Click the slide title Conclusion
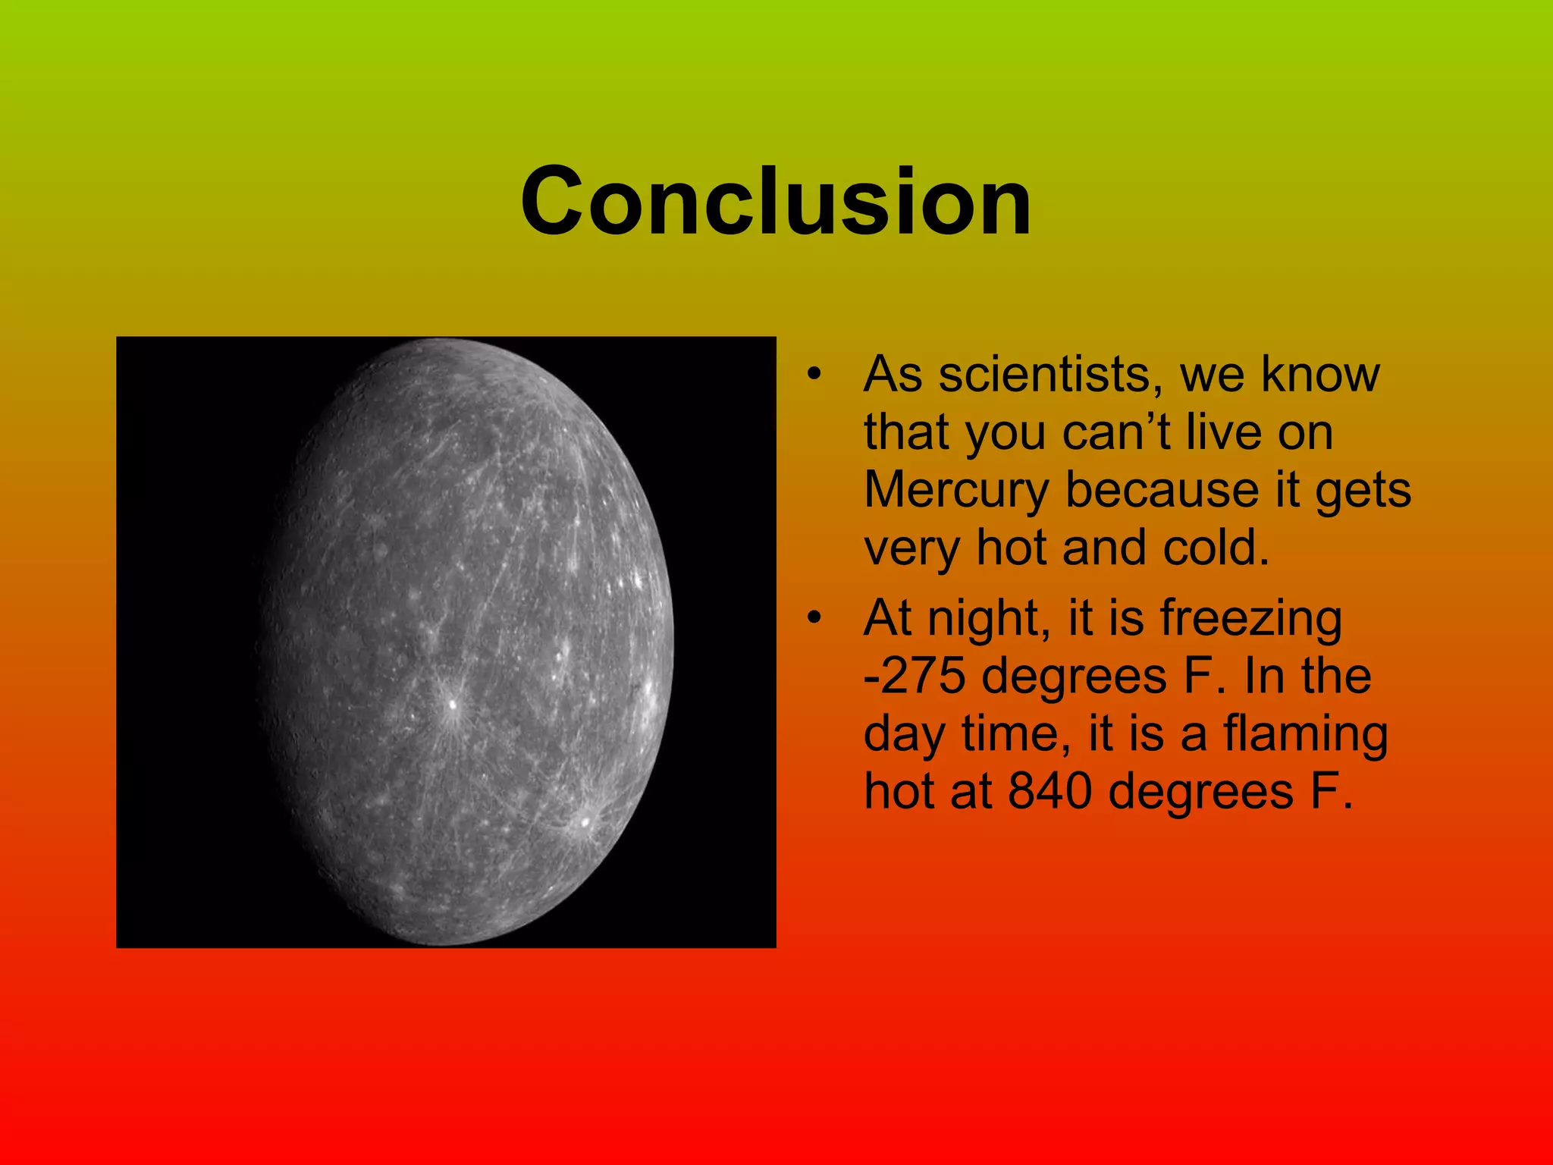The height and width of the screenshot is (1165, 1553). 775,202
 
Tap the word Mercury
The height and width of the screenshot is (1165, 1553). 956,490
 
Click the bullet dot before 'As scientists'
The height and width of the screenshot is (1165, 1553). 814,374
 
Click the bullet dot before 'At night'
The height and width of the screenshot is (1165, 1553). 814,617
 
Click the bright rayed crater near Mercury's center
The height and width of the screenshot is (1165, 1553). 453,705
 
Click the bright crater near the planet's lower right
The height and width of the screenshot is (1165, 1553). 585,821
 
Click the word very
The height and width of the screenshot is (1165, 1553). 911,548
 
